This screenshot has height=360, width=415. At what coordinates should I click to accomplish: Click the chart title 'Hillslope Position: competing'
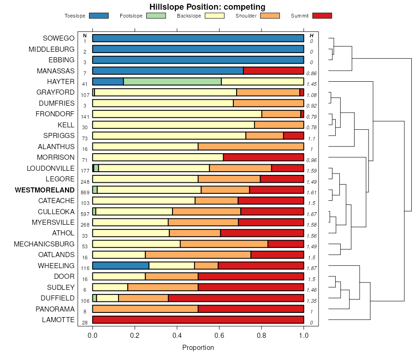[x=207, y=7]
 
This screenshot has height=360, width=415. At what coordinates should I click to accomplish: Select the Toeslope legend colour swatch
[x=99, y=16]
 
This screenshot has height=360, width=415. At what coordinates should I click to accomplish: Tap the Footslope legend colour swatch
[x=155, y=16]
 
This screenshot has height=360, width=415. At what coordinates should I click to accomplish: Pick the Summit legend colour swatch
[x=322, y=16]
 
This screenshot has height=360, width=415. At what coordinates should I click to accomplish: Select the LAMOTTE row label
[x=58, y=320]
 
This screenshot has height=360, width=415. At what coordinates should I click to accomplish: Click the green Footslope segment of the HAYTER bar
[x=172, y=82]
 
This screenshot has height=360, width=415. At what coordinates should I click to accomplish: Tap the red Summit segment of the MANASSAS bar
[x=273, y=71]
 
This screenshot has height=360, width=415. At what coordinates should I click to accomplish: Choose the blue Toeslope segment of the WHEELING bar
[x=121, y=265]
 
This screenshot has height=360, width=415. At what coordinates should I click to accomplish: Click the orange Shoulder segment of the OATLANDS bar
[x=198, y=255]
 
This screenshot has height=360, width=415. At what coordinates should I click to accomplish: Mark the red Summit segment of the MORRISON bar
[x=264, y=157]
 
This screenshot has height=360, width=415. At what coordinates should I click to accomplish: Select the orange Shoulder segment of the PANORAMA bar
[x=145, y=309]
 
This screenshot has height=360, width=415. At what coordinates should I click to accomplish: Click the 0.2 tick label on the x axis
[x=135, y=335]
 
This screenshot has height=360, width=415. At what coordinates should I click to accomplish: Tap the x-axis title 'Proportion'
[x=198, y=348]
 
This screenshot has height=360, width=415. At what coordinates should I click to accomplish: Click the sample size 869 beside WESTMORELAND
[x=85, y=192]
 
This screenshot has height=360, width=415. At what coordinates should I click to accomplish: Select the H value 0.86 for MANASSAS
[x=312, y=73]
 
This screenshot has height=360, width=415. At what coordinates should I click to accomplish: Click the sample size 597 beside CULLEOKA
[x=85, y=214]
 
